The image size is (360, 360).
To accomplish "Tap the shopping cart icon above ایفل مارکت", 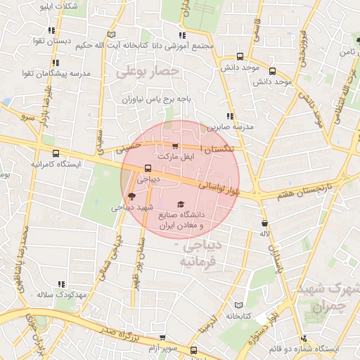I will (x=174, y=147).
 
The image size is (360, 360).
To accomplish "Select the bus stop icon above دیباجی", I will (x=148, y=168).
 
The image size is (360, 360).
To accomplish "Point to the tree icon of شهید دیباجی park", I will (x=131, y=196).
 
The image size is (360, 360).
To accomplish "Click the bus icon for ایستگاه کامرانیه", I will (x=56, y=153).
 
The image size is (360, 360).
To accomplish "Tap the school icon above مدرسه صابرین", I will (x=230, y=116).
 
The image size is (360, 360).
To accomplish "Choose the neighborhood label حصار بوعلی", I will (x=148, y=71).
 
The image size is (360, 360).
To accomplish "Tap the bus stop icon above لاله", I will (x=265, y=221).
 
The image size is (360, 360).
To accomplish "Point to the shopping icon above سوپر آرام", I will (x=162, y=338).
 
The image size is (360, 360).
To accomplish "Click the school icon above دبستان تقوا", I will (x=51, y=30).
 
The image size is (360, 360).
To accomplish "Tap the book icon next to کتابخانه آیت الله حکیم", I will (x=110, y=34).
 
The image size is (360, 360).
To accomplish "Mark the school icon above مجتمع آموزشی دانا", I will (x=182, y=35).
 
